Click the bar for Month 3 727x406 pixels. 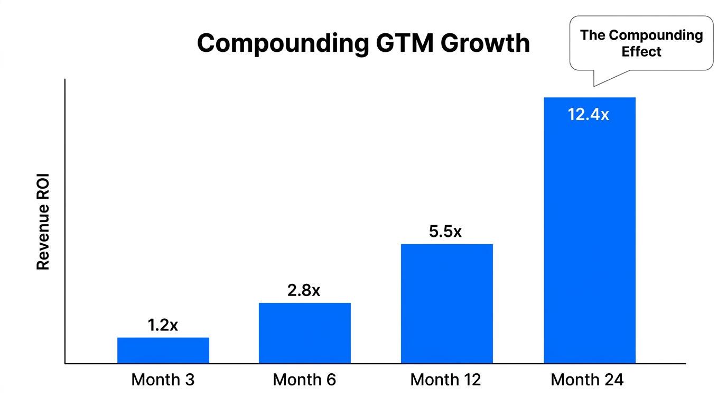pos(163,350)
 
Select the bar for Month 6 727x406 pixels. pos(304,333)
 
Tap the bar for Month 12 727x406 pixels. pos(446,303)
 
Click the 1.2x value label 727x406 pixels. pos(163,326)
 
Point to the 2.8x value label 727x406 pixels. pos(304,291)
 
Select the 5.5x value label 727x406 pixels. pos(445,232)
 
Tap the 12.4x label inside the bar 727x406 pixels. pos(588,114)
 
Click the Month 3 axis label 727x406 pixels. pos(163,380)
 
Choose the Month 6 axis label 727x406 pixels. pos(304,380)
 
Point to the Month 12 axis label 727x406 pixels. pos(445,380)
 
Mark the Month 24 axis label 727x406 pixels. pos(587,380)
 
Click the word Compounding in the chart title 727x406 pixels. pos(282,43)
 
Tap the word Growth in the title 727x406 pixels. pos(485,43)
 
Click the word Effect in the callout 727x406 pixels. pos(641,52)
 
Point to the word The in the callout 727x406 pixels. pos(592,35)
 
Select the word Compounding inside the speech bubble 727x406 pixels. pos(656,35)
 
